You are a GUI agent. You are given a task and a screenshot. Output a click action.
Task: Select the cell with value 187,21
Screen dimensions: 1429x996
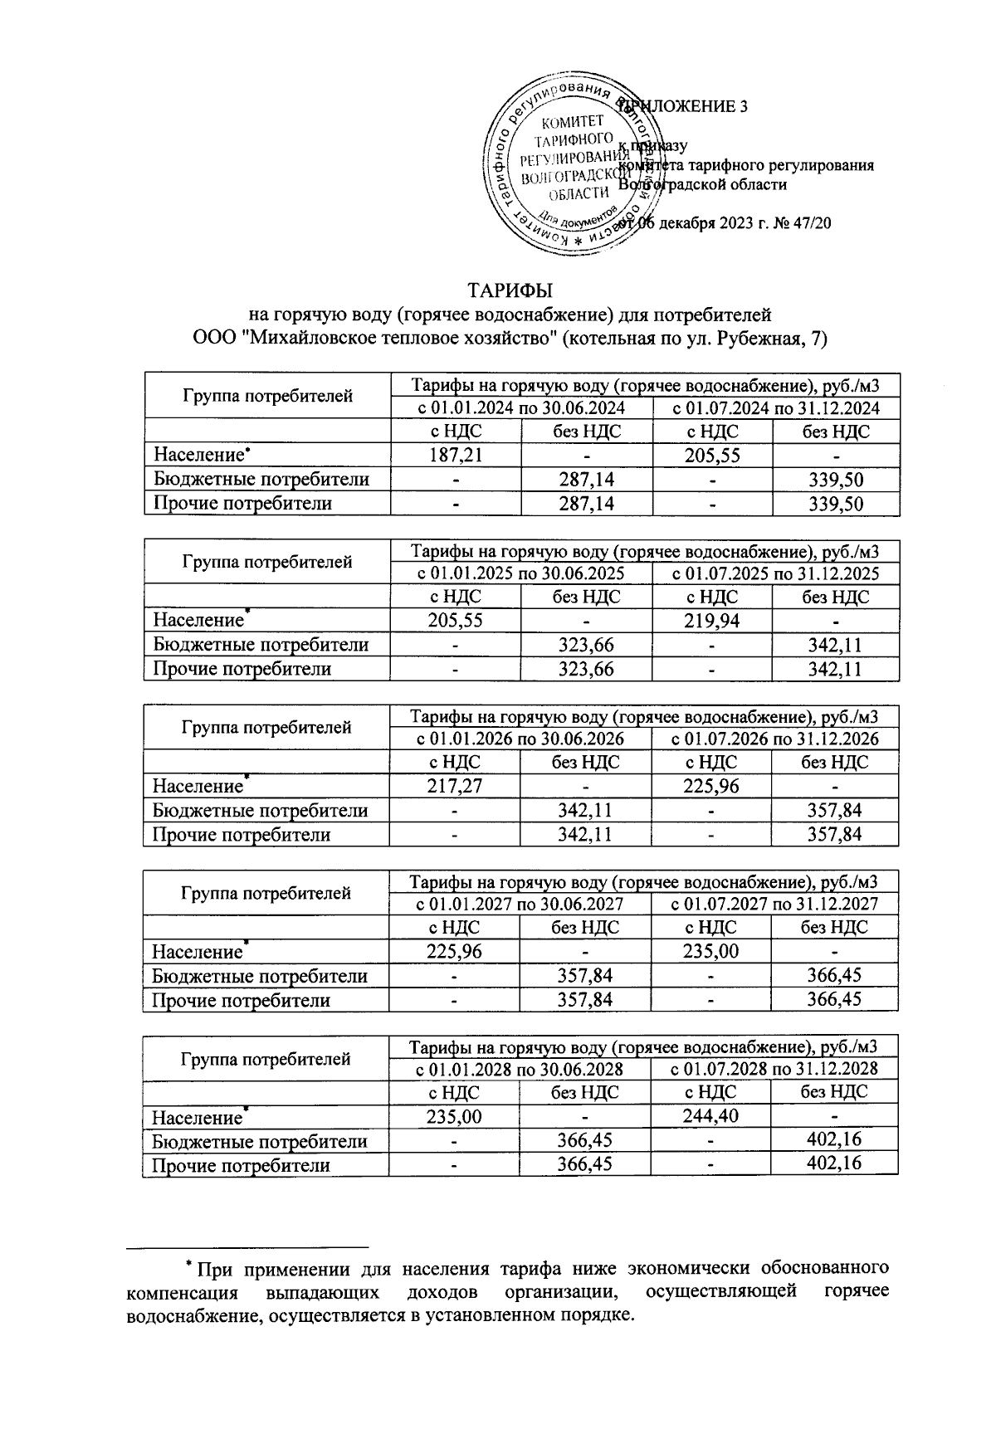pos(455,455)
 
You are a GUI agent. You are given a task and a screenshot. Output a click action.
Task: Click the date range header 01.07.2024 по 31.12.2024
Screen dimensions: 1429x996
pos(775,407)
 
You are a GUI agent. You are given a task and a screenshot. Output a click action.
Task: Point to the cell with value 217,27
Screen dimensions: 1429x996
pos(454,785)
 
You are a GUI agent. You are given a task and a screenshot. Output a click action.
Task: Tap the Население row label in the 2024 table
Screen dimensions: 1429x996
pos(199,455)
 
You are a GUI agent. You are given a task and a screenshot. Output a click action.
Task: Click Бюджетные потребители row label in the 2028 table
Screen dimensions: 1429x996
pos(260,1141)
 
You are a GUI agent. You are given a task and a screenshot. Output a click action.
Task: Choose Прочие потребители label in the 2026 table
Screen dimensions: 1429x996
pos(242,834)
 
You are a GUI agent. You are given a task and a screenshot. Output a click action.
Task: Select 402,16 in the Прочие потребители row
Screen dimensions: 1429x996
pos(834,1163)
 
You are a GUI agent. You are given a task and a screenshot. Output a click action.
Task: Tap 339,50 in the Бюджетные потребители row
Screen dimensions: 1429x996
pos(835,479)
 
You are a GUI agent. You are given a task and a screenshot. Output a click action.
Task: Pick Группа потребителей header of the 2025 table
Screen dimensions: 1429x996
pos(266,562)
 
